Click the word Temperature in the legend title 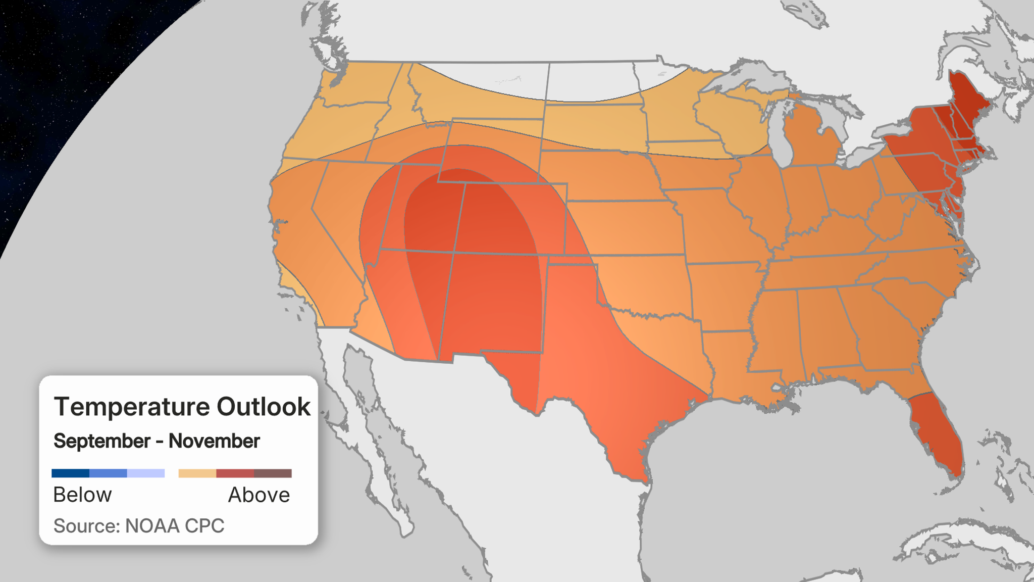(x=132, y=407)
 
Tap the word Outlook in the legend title (x=264, y=407)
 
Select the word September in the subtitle (x=102, y=441)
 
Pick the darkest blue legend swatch (x=70, y=473)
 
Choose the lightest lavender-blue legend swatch (x=146, y=473)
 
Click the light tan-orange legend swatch (x=197, y=473)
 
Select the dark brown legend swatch (x=273, y=473)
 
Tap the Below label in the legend (x=82, y=495)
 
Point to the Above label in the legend (x=259, y=495)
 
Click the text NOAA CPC (x=174, y=526)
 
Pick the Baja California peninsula (x=384, y=429)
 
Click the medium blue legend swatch (x=108, y=473)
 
